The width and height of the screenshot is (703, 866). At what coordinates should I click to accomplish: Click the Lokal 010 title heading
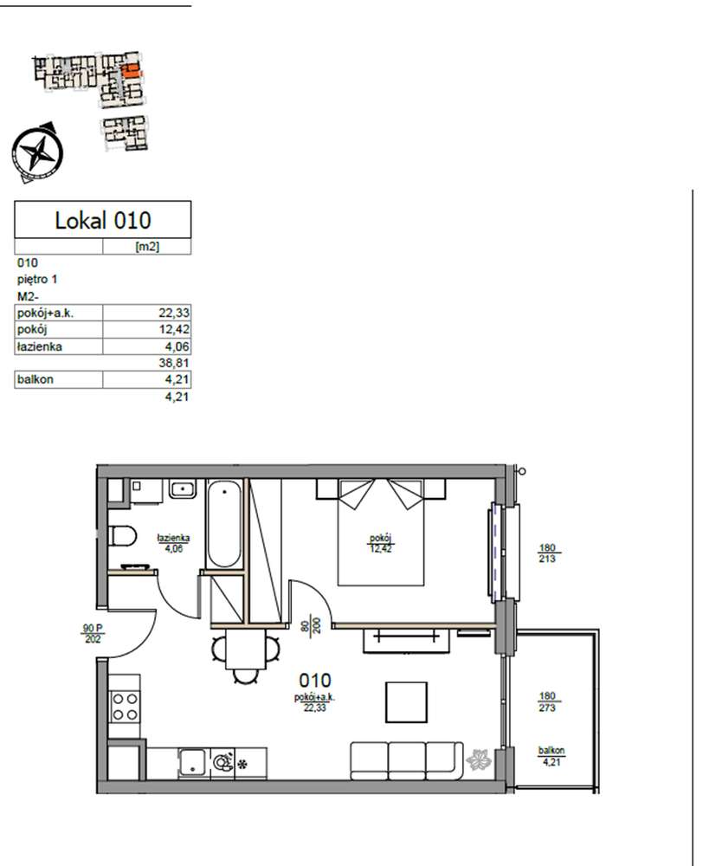103,220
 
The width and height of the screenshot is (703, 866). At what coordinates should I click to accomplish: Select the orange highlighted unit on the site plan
132,71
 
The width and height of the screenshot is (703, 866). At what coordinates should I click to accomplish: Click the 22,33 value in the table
174,313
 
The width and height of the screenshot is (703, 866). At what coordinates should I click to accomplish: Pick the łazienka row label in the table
39,346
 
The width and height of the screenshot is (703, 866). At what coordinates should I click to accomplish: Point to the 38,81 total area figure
174,363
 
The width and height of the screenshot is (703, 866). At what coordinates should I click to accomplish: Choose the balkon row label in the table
35,379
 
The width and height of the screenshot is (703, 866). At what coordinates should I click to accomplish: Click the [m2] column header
147,246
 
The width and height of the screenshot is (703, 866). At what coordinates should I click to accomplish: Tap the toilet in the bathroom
123,536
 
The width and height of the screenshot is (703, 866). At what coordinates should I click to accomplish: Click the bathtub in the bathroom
223,524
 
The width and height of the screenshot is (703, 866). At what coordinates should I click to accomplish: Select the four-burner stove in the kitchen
125,707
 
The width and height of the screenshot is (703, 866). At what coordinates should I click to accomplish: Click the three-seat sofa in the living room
407,760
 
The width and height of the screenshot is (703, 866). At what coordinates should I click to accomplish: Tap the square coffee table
406,702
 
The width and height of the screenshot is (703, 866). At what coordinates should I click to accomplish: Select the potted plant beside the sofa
479,759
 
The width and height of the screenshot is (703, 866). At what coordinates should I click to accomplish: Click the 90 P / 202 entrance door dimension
93,634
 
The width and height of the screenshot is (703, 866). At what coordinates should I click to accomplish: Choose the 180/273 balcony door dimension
546,702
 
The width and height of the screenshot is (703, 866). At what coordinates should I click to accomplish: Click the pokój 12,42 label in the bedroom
381,543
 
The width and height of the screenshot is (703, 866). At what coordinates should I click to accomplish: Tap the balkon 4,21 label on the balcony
551,756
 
